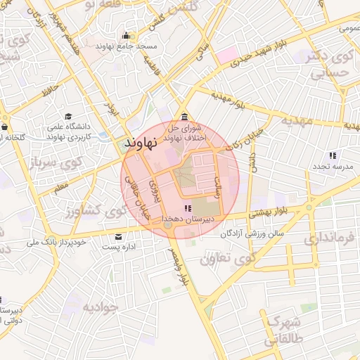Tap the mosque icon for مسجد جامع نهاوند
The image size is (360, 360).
pos(126,36)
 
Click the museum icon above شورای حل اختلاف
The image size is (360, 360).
pos(184,117)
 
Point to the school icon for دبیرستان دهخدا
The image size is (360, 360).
pos(187,208)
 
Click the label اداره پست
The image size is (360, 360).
pos(119,247)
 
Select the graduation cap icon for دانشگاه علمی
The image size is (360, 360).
pos(68,116)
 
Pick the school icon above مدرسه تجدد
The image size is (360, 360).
pos(333,155)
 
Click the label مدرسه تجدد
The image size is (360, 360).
pos(333,167)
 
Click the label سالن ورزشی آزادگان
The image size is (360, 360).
pos(252,233)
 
